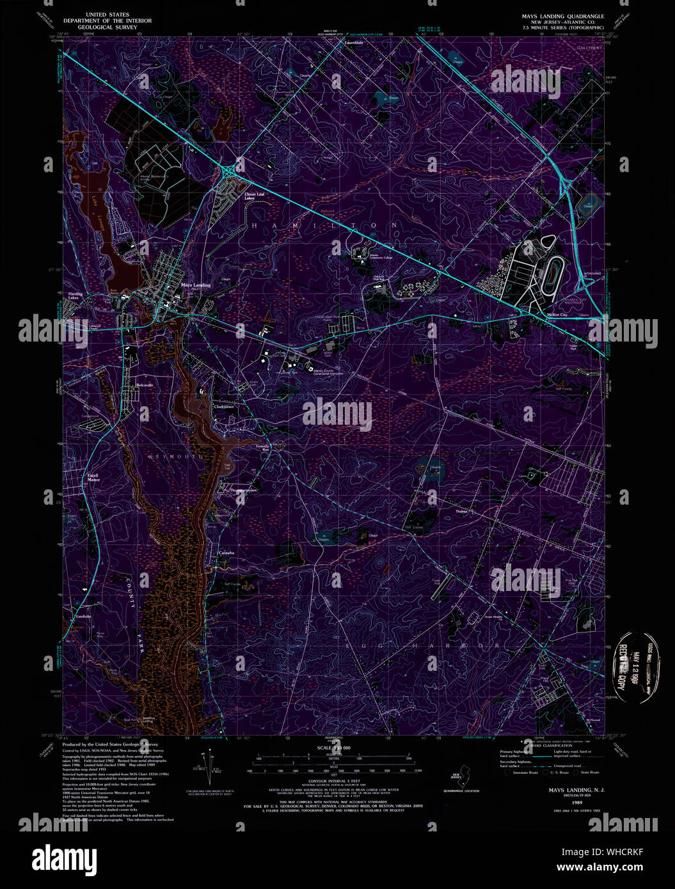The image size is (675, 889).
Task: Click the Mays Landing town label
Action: [x=195, y=285]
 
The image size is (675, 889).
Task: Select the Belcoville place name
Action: [x=145, y=386]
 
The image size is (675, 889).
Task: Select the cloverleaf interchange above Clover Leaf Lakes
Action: [x=228, y=172]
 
